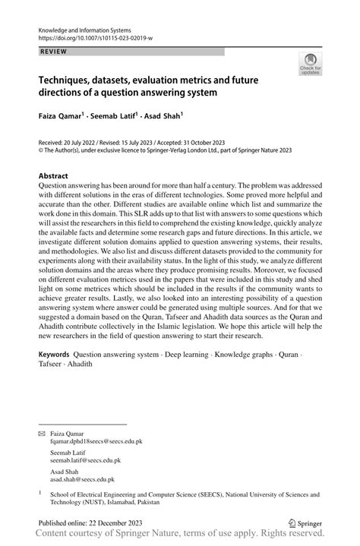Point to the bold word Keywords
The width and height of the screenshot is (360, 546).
pos(55,355)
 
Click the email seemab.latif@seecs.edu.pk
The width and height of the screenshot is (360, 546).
pos(85,460)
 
